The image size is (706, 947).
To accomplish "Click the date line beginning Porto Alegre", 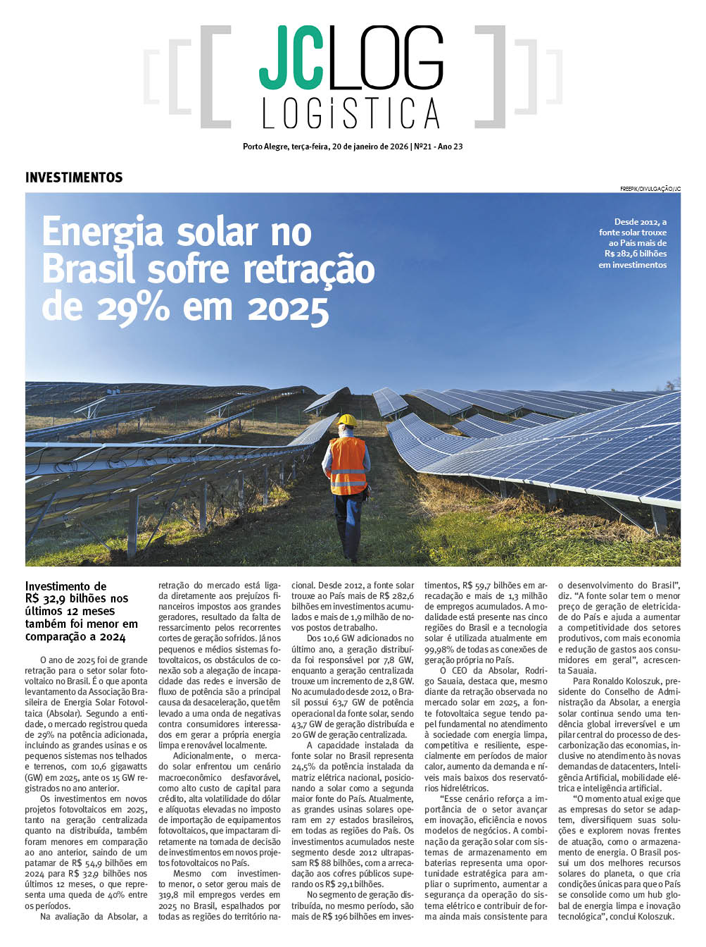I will [x=353, y=147].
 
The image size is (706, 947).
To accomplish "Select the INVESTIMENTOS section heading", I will [x=74, y=178].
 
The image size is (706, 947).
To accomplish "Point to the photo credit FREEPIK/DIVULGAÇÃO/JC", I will [x=650, y=189].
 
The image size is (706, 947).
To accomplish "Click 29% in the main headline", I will [x=133, y=307].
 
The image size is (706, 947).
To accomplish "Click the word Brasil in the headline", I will [x=87, y=270].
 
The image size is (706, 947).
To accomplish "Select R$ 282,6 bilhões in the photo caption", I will [x=635, y=254].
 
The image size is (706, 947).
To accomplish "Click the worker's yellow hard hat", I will [x=346, y=421].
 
